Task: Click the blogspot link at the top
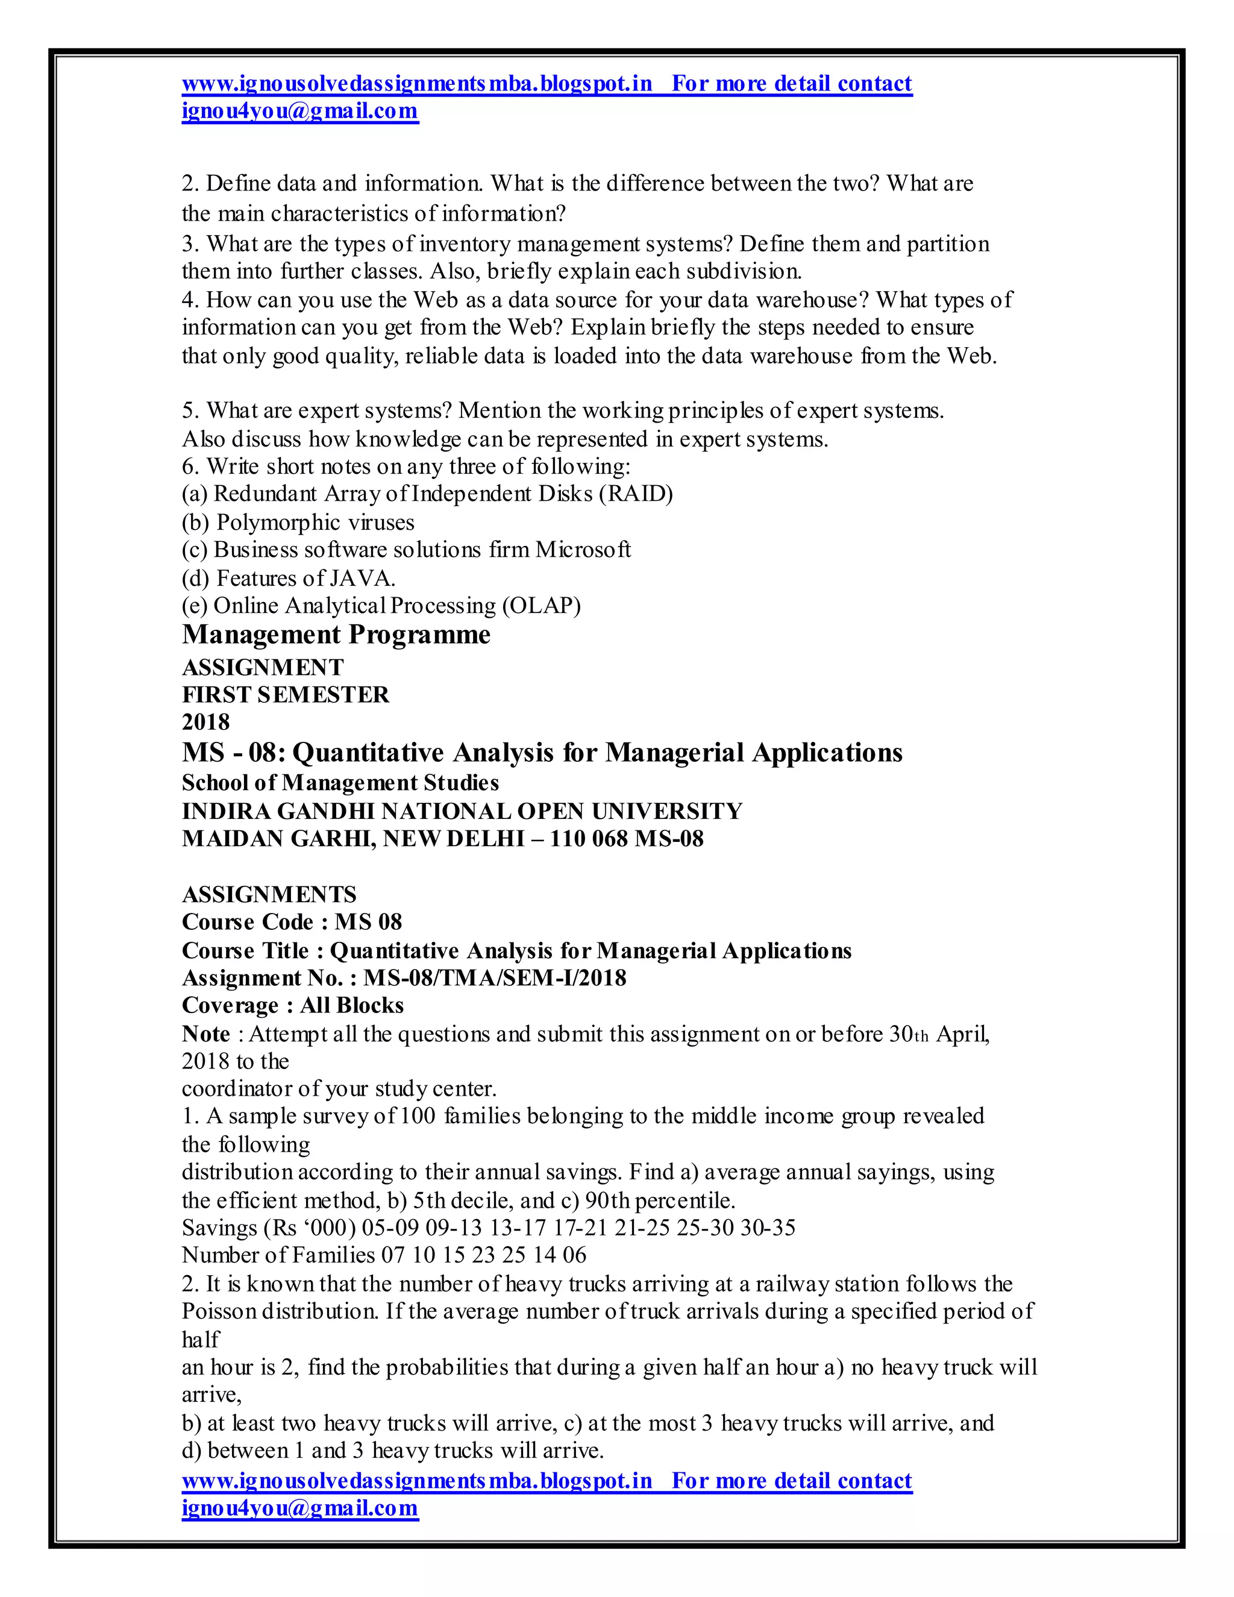coord(417,83)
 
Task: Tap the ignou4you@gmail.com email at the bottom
coord(299,1508)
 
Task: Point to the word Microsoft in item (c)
coord(583,549)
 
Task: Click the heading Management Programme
coord(336,635)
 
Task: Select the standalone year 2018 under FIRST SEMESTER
coord(205,722)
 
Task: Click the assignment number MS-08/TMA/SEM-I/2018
coord(495,977)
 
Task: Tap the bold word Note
coord(205,1034)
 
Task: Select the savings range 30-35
coord(768,1228)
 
